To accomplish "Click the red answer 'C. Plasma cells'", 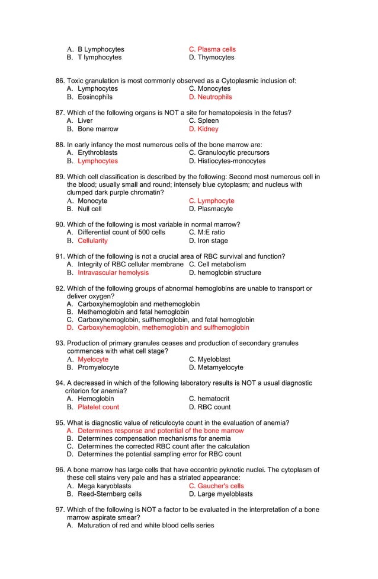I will point(212,49).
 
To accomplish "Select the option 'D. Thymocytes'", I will point(211,58).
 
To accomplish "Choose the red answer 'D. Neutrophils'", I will point(210,97).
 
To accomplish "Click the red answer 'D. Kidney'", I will point(203,129).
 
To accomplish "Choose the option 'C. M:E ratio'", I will point(207,233).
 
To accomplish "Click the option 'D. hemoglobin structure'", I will point(225,273).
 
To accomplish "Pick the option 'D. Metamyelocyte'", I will point(216,368).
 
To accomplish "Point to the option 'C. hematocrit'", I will point(209,399).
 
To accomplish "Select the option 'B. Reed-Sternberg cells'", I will point(104,494).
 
